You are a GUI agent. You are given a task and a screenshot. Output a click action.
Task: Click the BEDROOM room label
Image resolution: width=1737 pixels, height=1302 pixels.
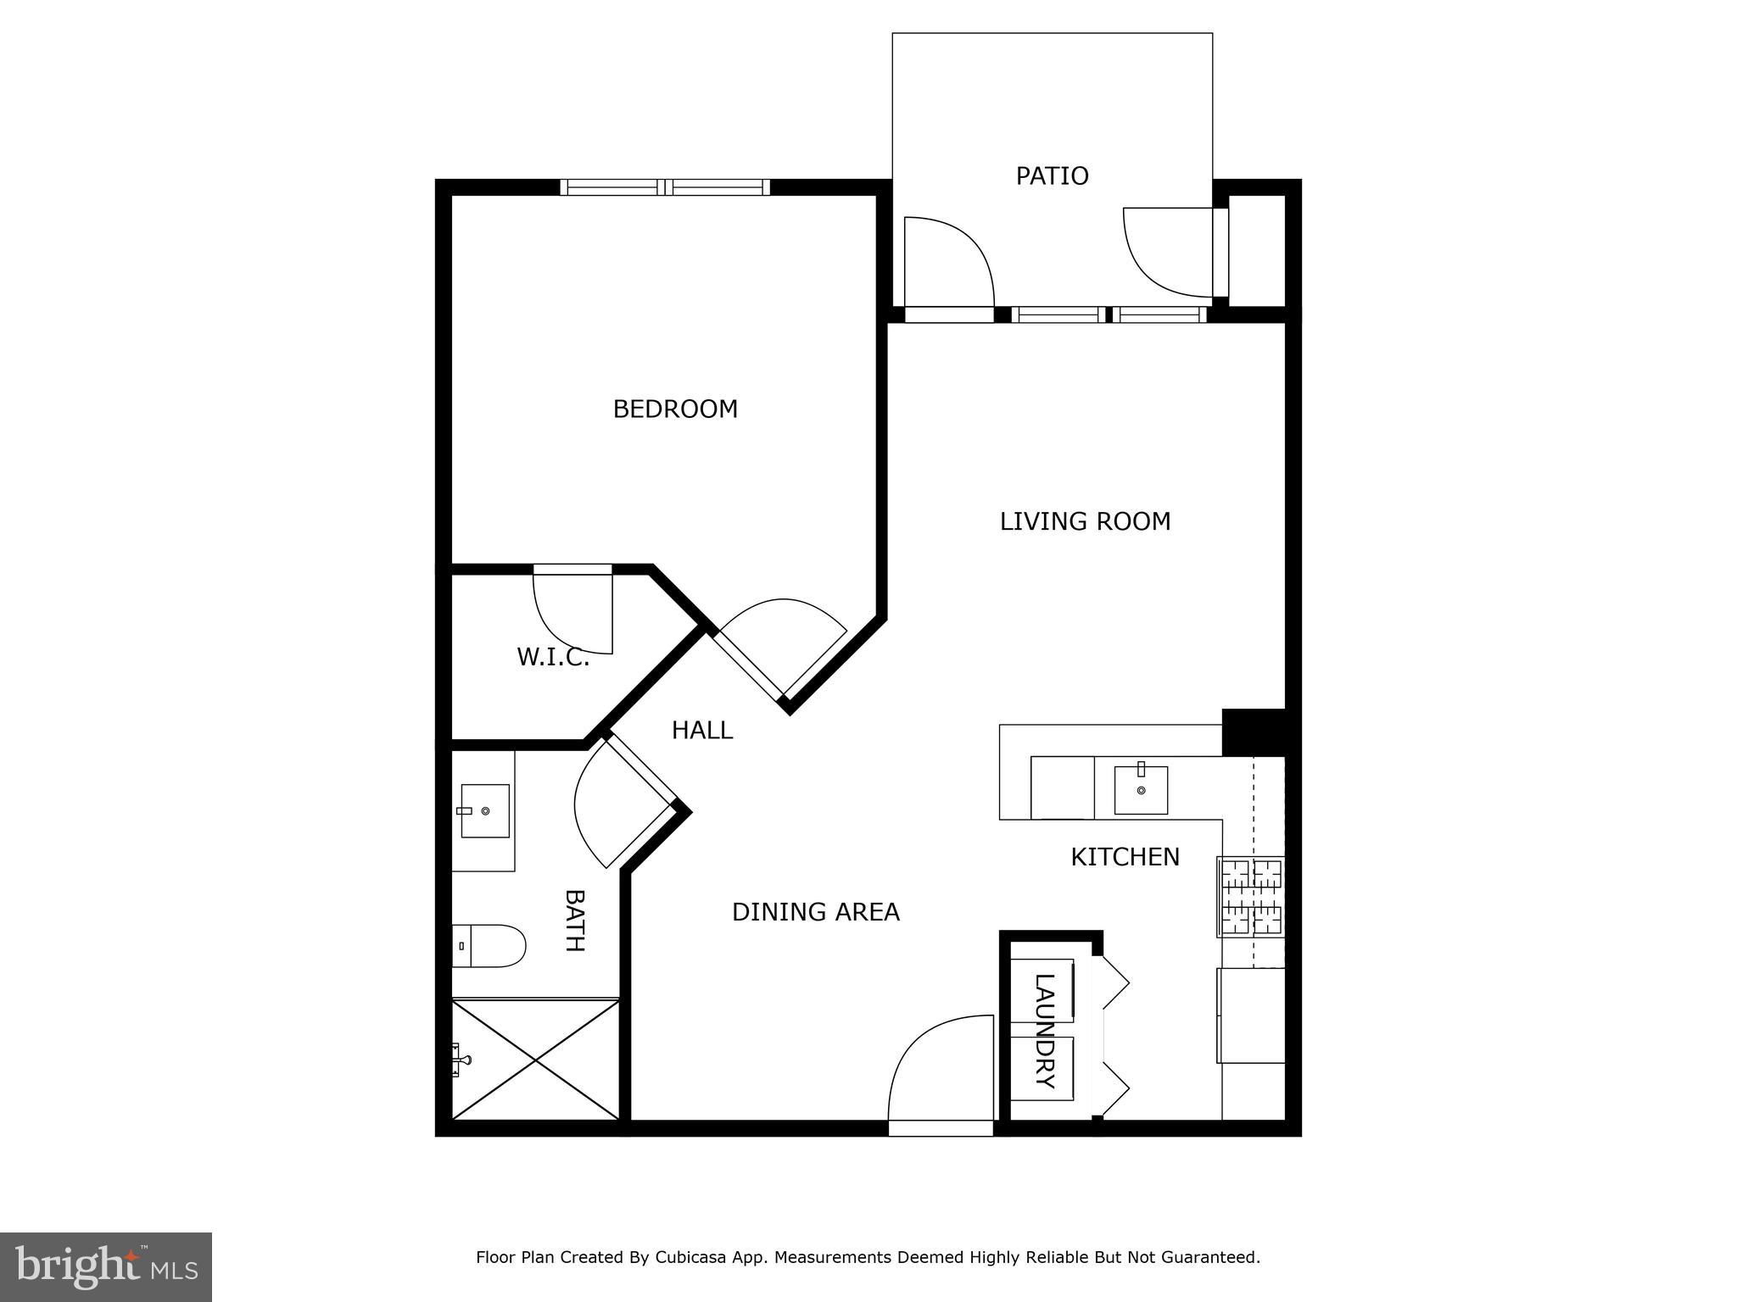point(675,409)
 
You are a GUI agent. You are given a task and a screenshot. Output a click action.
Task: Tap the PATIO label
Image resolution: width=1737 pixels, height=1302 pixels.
point(1052,176)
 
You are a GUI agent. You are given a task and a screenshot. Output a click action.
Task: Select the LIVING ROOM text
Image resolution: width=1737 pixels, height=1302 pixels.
point(1085,521)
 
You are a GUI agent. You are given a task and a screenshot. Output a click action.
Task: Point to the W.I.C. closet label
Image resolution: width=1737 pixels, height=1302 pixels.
point(553,657)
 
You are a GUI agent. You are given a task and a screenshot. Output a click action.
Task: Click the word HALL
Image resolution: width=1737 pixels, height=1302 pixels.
point(701,730)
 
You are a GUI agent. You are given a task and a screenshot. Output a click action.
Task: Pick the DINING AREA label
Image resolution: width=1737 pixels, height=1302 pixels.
point(815,912)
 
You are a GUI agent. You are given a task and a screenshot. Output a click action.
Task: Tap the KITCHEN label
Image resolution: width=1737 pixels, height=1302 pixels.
point(1125,857)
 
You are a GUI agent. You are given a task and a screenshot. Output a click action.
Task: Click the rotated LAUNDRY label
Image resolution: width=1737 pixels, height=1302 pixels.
point(1045,1031)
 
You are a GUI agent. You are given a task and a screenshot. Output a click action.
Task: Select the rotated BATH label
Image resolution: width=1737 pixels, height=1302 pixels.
point(575,921)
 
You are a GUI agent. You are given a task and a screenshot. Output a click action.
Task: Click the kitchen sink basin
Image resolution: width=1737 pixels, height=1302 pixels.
point(1141,790)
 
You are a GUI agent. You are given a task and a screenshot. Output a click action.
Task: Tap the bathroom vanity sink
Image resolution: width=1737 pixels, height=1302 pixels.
point(484,811)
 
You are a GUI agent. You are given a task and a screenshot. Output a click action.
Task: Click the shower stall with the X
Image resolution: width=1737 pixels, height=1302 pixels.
point(535,1060)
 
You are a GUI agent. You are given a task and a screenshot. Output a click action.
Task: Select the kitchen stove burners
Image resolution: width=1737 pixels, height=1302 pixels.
point(1250,897)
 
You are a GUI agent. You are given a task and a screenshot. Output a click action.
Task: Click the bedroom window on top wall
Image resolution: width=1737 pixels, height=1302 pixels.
point(665,187)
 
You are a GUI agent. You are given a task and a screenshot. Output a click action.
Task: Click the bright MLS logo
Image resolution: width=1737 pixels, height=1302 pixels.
point(106,1266)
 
